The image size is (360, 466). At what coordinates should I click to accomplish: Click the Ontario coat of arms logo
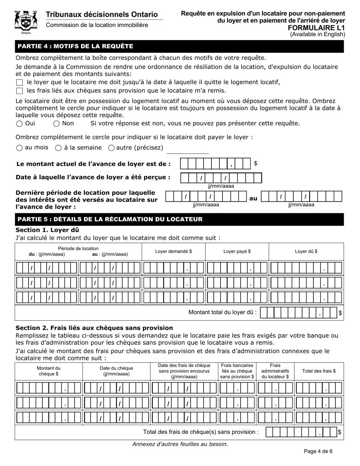tap(26, 22)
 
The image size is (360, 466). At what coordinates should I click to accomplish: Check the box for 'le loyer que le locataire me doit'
tap(20, 83)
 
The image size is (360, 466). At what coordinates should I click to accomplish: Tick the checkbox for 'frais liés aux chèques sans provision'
tap(20, 91)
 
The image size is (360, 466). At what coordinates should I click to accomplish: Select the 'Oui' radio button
tap(20, 124)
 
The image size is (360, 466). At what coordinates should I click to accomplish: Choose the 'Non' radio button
tap(56, 124)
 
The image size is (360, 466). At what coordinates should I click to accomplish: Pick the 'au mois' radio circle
tap(20, 148)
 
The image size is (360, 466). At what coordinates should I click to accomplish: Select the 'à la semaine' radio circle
tap(58, 148)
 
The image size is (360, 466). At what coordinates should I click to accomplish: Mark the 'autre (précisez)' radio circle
tap(111, 148)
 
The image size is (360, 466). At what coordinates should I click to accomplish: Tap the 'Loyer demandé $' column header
tap(174, 251)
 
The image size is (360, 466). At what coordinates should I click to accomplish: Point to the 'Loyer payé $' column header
tap(237, 251)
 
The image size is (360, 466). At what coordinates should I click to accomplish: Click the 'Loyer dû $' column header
tap(306, 251)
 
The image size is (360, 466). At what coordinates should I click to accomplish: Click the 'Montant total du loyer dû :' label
tap(222, 313)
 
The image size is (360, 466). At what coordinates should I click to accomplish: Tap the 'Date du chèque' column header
tap(116, 371)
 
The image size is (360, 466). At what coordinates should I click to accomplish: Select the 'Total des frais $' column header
tap(319, 371)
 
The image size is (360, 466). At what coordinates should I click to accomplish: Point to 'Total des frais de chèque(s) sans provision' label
tap(201, 432)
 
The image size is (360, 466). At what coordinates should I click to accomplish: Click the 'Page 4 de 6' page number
tap(318, 451)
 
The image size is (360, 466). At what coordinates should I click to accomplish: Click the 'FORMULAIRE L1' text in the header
tap(316, 28)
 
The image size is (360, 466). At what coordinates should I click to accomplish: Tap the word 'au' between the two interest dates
tap(253, 198)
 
